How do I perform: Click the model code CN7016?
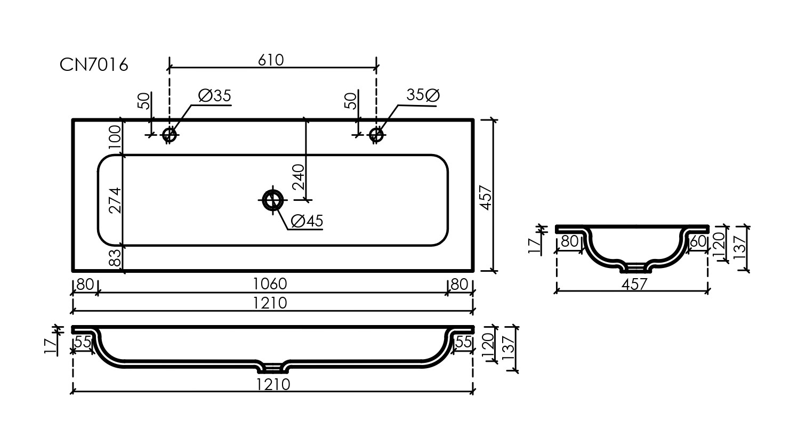click(x=94, y=65)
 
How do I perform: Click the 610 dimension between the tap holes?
click(x=271, y=60)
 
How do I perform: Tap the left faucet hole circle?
click(x=170, y=135)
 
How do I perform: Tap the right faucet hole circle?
click(x=376, y=135)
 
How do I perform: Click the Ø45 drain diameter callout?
click(x=308, y=221)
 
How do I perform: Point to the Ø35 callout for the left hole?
click(x=214, y=96)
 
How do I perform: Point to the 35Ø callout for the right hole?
click(x=423, y=95)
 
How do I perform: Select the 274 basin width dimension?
click(x=115, y=200)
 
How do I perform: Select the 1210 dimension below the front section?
click(x=272, y=384)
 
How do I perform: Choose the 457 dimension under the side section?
click(x=634, y=284)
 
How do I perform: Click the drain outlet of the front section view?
click(x=272, y=366)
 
